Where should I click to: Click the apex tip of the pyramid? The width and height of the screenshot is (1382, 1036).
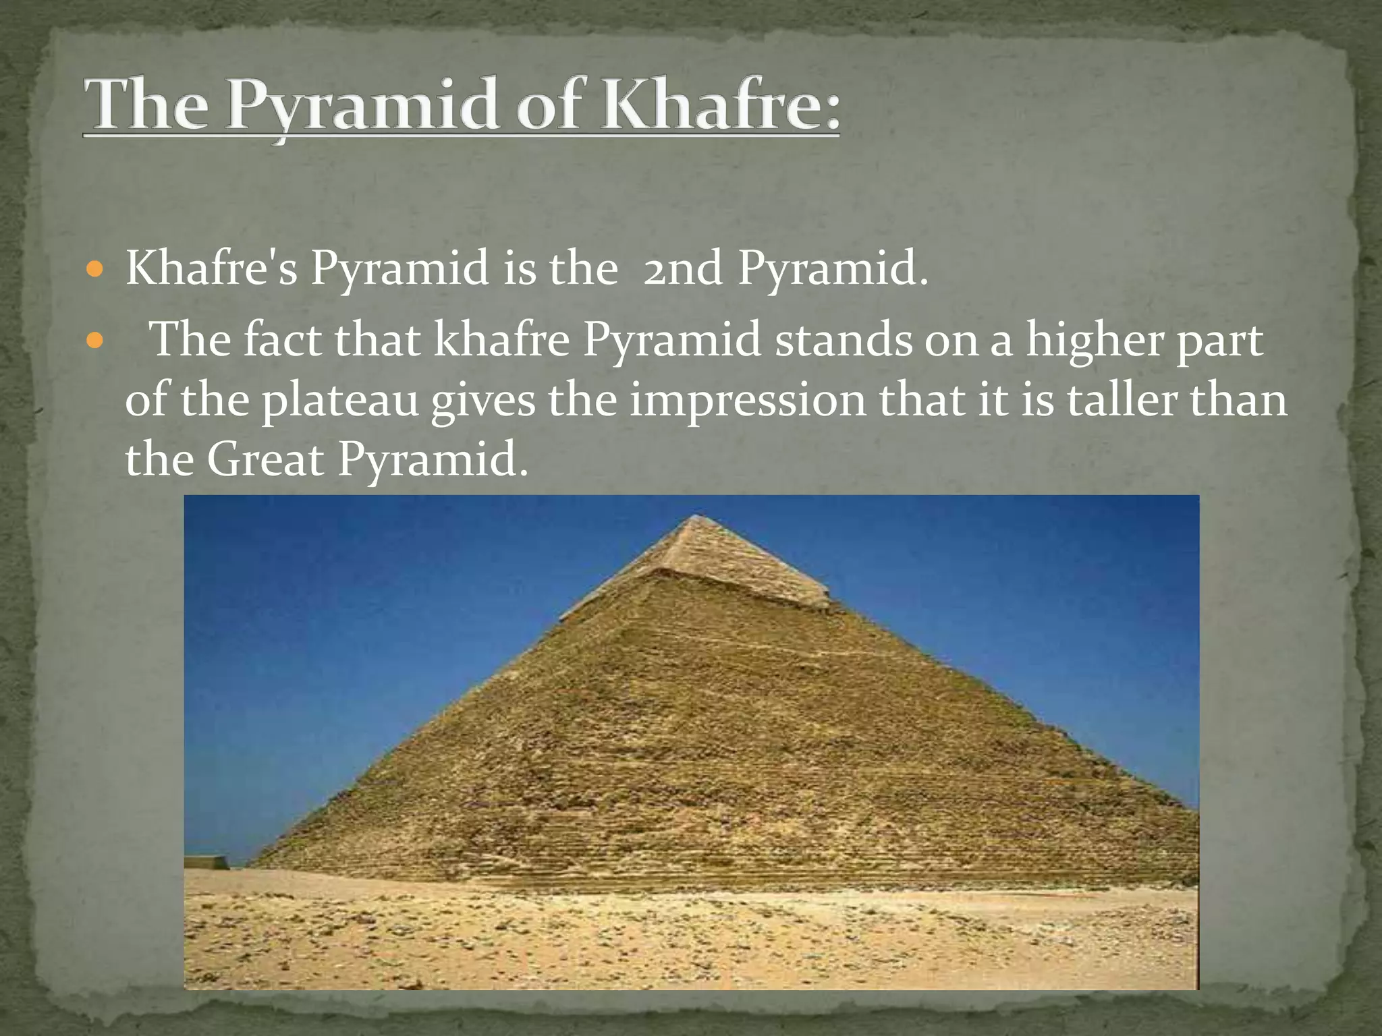point(695,517)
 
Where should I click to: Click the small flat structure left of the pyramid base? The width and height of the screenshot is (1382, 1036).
point(205,862)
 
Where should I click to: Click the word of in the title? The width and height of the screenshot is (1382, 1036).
point(547,108)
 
